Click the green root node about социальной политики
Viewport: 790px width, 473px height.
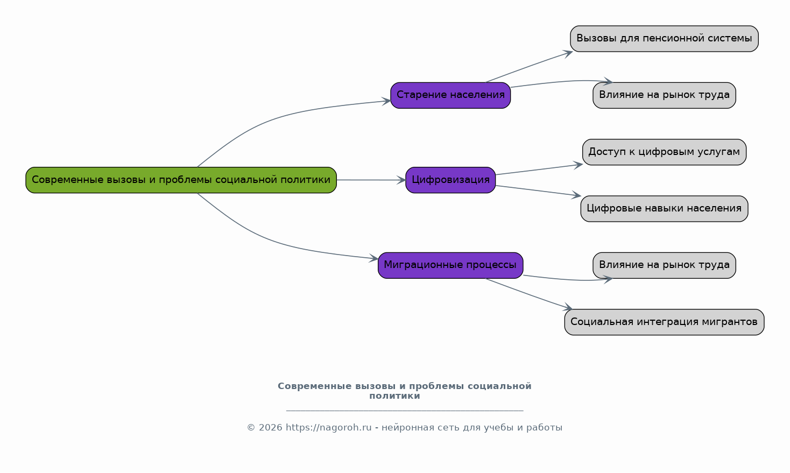[x=181, y=180]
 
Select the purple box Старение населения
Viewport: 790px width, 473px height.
[x=451, y=96]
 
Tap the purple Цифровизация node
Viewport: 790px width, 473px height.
[x=451, y=180]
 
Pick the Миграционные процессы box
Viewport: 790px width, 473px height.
[x=451, y=266]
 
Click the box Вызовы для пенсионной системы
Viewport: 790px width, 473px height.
[x=665, y=39]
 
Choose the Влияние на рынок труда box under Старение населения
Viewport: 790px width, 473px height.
[x=665, y=96]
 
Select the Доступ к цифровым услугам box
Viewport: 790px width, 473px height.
[x=665, y=152]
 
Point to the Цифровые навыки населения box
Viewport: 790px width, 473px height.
[x=665, y=209]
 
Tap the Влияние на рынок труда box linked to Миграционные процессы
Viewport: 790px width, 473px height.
[x=665, y=266]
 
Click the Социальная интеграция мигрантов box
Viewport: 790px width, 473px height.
[x=665, y=322]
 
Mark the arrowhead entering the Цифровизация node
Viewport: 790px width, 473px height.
[x=401, y=180]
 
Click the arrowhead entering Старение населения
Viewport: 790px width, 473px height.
[x=386, y=101]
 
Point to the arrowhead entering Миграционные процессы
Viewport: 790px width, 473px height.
[x=374, y=258]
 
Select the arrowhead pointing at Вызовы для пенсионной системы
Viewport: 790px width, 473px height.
[x=568, y=54]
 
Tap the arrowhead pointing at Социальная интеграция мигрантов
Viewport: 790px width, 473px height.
[x=568, y=307]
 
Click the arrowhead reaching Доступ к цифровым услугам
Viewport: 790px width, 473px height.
[x=578, y=165]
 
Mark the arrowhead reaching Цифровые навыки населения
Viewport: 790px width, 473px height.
[x=576, y=195]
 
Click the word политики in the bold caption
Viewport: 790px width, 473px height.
[x=394, y=396]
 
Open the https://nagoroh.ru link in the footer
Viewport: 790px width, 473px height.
[x=329, y=427]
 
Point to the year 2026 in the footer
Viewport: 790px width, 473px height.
[x=271, y=427]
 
